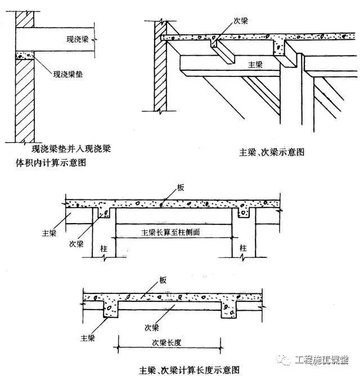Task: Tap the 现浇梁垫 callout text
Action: pos(67,74)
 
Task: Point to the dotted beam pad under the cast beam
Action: pos(25,56)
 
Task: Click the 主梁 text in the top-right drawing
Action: pos(257,65)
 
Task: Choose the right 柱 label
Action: pos(243,248)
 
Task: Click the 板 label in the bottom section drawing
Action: pos(162,280)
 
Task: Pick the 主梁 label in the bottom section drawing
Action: pos(87,338)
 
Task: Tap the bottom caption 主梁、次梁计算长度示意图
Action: pos(190,369)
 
